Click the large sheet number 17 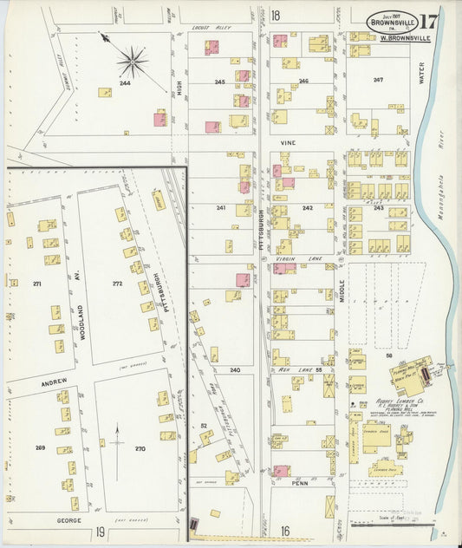pos(431,21)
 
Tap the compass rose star pos(132,62)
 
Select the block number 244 pos(125,83)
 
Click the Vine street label pos(288,140)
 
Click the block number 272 pos(118,284)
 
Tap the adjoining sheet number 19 pos(101,531)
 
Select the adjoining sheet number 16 pos(283,531)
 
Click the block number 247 pos(377,80)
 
